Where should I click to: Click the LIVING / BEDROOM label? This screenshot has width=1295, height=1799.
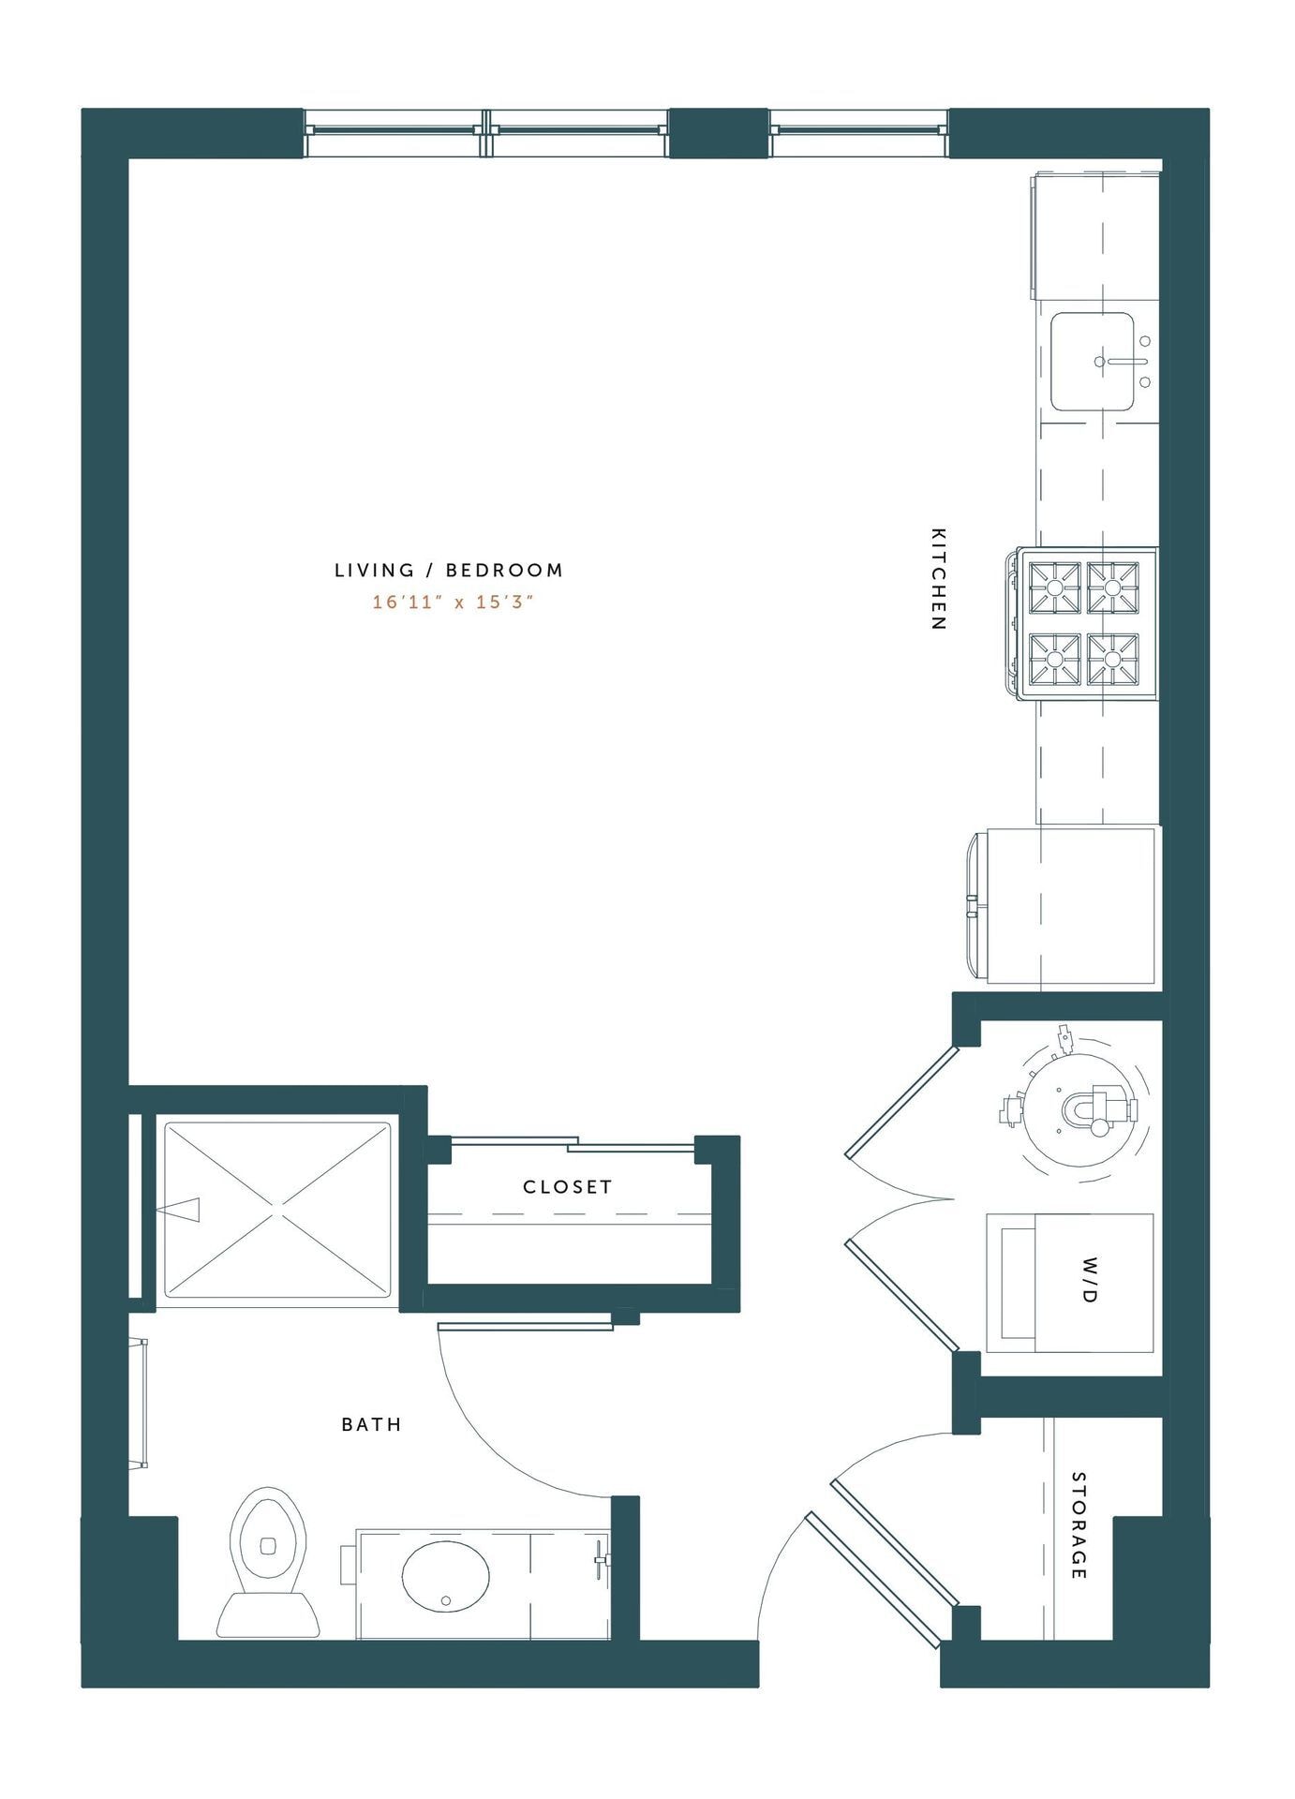pyautogui.click(x=449, y=570)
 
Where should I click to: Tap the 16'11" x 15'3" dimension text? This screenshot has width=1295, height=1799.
pyautogui.click(x=453, y=602)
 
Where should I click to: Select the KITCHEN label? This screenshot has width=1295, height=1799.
pyautogui.click(x=938, y=578)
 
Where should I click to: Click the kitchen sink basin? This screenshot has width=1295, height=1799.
pyautogui.click(x=1092, y=362)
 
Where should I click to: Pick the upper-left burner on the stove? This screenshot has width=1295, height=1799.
pyautogui.click(x=1055, y=587)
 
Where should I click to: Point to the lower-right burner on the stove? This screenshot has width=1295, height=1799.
pyautogui.click(x=1112, y=659)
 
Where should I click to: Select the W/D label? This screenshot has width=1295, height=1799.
pyautogui.click(x=1089, y=1294)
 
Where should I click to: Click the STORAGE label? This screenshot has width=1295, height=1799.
pyautogui.click(x=1079, y=1525)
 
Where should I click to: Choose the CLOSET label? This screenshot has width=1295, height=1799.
pyautogui.click(x=568, y=1186)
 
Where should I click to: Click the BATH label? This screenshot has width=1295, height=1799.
pyautogui.click(x=371, y=1424)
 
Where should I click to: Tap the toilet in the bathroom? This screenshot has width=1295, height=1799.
pyautogui.click(x=268, y=1559)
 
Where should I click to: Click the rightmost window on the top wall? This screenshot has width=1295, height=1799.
pyautogui.click(x=858, y=132)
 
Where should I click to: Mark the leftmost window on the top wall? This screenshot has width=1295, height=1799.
pyautogui.click(x=394, y=132)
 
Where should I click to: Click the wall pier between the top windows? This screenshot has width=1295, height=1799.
pyautogui.click(x=719, y=132)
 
